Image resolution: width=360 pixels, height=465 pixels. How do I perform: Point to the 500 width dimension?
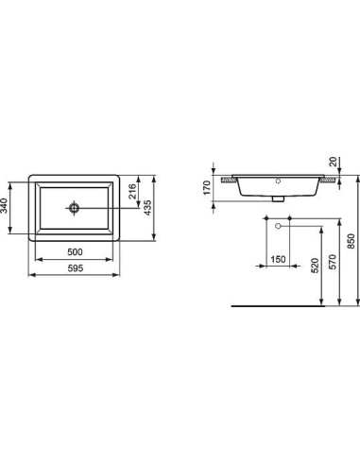(76, 253)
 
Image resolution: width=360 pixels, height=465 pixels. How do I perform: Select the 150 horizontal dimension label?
(278, 259)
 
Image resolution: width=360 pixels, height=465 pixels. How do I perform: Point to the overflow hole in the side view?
(278, 180)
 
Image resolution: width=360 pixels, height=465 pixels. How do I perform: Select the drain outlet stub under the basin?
(278, 199)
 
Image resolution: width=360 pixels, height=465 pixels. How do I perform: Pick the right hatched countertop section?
(328, 177)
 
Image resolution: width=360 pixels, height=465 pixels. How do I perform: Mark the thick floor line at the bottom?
(274, 306)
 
